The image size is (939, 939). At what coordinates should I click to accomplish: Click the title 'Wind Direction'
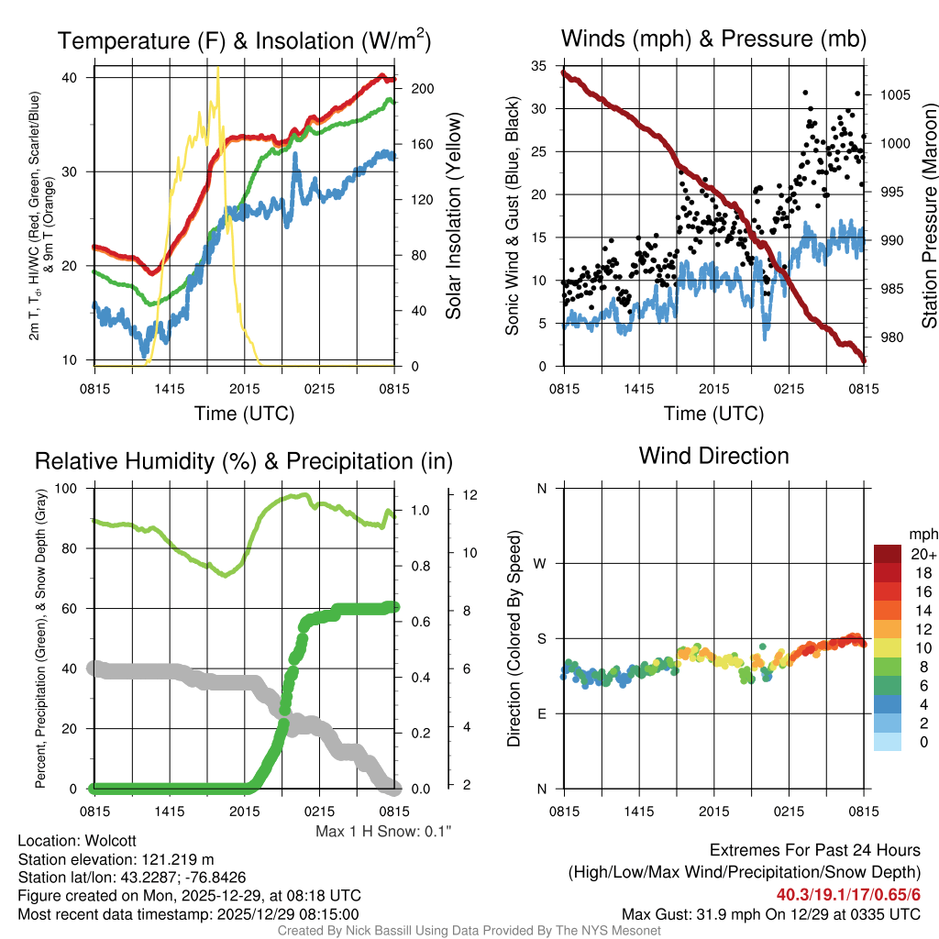(713, 456)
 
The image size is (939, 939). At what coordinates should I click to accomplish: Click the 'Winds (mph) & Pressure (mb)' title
(713, 39)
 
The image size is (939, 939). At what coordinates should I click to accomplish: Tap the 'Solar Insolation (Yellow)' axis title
(453, 216)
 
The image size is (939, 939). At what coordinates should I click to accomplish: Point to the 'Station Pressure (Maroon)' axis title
(928, 216)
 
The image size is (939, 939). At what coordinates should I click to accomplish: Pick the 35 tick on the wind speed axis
(539, 66)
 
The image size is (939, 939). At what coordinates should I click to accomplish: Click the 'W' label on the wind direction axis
(542, 563)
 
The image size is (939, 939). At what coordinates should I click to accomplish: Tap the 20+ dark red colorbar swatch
(888, 554)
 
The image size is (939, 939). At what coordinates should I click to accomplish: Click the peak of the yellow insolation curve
(217, 68)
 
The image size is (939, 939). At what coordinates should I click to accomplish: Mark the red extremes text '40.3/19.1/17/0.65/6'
(849, 894)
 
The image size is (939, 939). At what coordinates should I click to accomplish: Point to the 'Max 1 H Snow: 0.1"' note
(383, 832)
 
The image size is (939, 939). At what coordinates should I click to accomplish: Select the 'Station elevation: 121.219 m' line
(116, 859)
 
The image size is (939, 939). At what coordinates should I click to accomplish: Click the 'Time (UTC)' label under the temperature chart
(244, 414)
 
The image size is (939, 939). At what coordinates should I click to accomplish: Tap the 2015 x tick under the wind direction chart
(713, 811)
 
